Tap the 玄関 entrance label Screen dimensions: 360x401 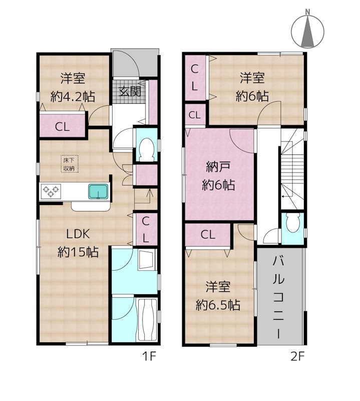[x=130, y=91]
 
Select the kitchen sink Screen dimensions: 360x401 [x=98, y=191]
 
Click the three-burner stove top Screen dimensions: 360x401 [x=51, y=191]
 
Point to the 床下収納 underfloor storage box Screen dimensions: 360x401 [x=69, y=164]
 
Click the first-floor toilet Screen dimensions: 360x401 [x=147, y=150]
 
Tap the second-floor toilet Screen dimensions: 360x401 [x=292, y=223]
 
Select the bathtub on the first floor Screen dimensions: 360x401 [x=147, y=320]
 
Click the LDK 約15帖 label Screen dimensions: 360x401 [x=78, y=243]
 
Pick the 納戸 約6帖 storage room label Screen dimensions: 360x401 [x=218, y=176]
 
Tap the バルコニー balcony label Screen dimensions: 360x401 [x=279, y=297]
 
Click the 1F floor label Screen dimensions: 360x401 [x=149, y=356]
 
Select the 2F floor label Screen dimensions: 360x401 [x=297, y=356]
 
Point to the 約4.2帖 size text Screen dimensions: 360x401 [x=73, y=97]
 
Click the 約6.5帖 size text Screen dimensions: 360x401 [x=218, y=305]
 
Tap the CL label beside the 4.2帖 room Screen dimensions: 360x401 [x=63, y=127]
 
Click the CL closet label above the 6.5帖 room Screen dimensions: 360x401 [x=208, y=234]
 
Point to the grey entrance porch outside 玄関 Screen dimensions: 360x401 [x=135, y=62]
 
